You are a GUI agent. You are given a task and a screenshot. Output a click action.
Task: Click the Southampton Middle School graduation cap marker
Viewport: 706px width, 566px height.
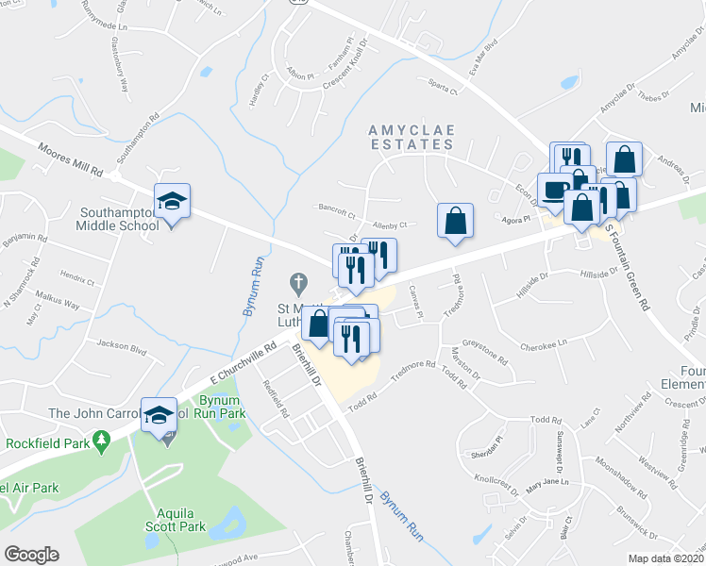[173, 201]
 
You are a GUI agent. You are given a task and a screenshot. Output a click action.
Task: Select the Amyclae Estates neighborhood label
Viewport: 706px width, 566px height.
[412, 135]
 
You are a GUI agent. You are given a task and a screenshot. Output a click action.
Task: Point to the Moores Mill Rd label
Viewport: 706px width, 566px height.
[70, 160]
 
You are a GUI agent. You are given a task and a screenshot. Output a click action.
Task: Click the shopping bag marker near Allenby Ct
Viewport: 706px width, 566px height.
[455, 221]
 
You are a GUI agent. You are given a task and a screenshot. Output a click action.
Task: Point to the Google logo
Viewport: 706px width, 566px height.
[31, 555]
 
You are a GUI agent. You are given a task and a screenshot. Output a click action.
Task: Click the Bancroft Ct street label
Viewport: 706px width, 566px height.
[335, 213]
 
